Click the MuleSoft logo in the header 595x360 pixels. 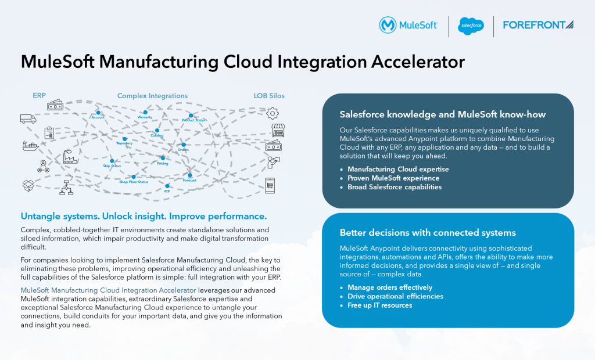(408, 26)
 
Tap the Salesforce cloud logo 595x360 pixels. (471, 26)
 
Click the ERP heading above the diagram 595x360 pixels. (39, 95)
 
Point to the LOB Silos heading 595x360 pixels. (269, 95)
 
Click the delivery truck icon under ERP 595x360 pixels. (28, 118)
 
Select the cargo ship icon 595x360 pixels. (30, 146)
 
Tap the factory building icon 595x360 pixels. (70, 157)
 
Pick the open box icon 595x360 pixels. (28, 185)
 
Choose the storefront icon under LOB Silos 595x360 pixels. (278, 130)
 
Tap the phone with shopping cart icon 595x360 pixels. (270, 185)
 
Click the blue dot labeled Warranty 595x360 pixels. (146, 111)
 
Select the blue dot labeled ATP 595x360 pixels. (167, 185)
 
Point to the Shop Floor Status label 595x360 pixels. (134, 182)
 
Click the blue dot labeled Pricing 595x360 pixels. (163, 157)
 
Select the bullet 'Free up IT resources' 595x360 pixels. (379, 305)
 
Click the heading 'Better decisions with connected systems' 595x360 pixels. (427, 233)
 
